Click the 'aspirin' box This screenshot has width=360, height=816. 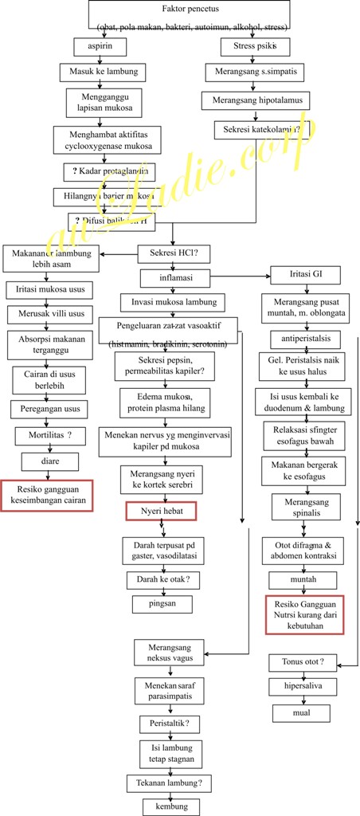pyautogui.click(x=100, y=47)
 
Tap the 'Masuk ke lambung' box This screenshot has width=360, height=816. pyautogui.click(x=104, y=73)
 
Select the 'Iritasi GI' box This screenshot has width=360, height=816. pyautogui.click(x=295, y=276)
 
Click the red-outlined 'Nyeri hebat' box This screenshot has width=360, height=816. pyautogui.click(x=162, y=510)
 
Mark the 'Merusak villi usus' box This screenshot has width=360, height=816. pyautogui.click(x=51, y=314)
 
